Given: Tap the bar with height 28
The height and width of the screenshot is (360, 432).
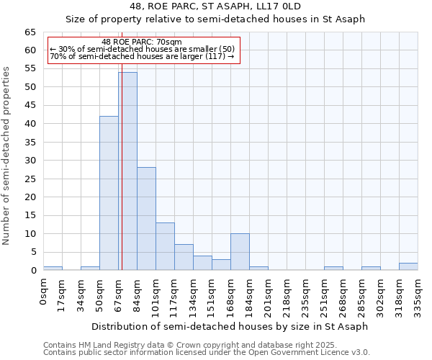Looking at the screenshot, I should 146,219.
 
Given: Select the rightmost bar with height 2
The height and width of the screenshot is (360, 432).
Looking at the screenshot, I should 408,266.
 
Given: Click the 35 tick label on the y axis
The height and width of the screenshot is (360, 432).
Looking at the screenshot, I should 30,142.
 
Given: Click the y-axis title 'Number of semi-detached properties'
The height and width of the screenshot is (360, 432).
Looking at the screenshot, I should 7,156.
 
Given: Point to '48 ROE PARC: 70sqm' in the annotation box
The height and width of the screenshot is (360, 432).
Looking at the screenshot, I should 142,42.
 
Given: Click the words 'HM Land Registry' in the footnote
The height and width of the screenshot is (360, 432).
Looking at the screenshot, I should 115,345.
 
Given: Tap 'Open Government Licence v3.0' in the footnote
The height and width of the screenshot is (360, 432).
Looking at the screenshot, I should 316,352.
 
